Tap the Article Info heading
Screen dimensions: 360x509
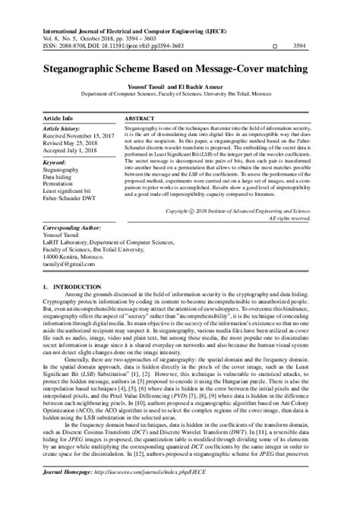58,119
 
